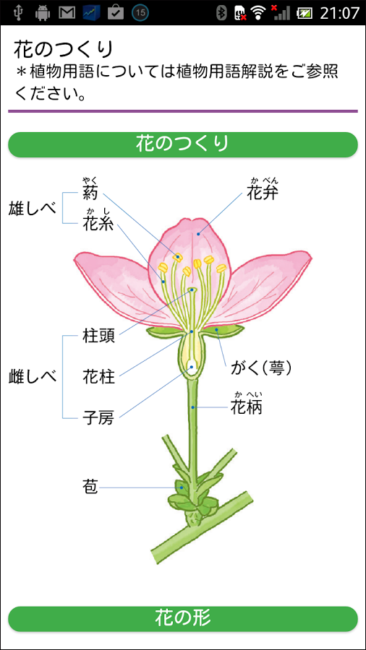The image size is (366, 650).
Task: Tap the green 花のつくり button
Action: (x=182, y=144)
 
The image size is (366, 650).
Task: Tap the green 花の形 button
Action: (x=182, y=618)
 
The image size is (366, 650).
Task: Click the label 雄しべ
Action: (x=33, y=209)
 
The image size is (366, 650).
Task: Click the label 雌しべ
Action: (x=33, y=377)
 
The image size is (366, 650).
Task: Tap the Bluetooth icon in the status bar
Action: (x=222, y=13)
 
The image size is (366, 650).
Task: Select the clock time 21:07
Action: (x=339, y=13)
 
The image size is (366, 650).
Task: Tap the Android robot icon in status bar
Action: (x=43, y=13)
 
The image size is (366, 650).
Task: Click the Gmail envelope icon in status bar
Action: (x=67, y=13)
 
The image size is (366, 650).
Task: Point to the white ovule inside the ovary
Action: (x=192, y=366)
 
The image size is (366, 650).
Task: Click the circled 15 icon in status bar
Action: (x=140, y=13)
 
